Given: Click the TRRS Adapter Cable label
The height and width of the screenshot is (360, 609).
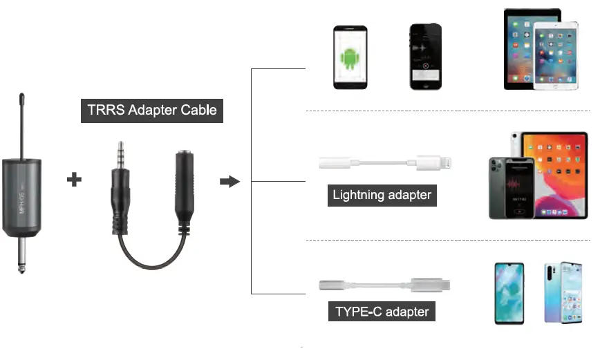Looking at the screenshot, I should point(152,110).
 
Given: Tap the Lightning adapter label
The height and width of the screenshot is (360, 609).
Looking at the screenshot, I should point(382,195).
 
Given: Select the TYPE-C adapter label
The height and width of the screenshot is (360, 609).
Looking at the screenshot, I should point(382,312).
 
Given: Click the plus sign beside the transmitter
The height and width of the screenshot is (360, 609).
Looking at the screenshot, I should point(74,180).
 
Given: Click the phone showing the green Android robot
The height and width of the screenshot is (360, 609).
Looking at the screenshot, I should point(350,58).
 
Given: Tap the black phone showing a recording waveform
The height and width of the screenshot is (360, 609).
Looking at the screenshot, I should point(425,58).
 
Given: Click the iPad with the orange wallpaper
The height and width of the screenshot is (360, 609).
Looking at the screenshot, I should point(556,173).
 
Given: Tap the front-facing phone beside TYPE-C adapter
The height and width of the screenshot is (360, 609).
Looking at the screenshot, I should point(509,293).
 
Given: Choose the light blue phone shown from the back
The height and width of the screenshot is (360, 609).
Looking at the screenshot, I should point(562,293).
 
